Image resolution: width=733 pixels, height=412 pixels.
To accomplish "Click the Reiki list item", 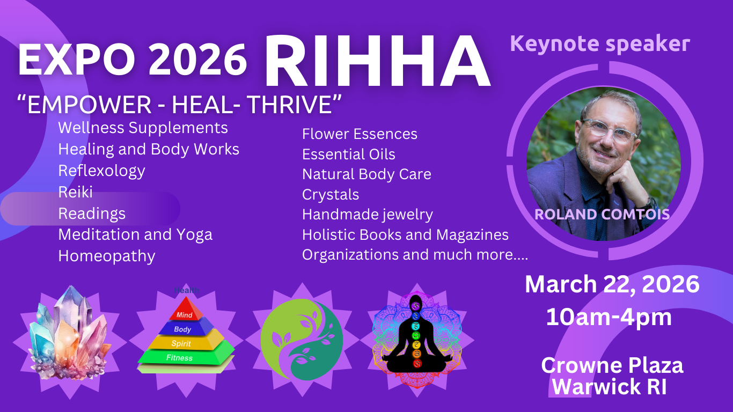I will pyautogui.click(x=76, y=192).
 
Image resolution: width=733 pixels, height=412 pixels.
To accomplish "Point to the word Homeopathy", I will pyautogui.click(x=107, y=256).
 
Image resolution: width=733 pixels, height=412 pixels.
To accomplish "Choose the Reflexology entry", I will pyautogui.click(x=102, y=171).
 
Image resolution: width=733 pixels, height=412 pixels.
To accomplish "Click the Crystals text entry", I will pyautogui.click(x=331, y=194).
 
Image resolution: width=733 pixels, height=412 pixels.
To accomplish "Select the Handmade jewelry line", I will pyautogui.click(x=368, y=215).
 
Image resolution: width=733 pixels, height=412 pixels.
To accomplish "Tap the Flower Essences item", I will pyautogui.click(x=360, y=134).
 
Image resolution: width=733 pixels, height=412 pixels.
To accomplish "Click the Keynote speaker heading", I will pyautogui.click(x=600, y=43).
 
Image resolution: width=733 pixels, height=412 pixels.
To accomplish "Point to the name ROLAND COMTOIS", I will pyautogui.click(x=602, y=215).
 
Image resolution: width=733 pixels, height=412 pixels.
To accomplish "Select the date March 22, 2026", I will pyautogui.click(x=612, y=284).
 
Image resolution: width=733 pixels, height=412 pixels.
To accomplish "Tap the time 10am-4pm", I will pyautogui.click(x=609, y=317).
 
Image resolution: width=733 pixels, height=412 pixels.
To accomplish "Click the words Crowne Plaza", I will pyautogui.click(x=612, y=365).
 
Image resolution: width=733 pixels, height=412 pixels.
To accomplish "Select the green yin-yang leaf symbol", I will pyautogui.click(x=302, y=340).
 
